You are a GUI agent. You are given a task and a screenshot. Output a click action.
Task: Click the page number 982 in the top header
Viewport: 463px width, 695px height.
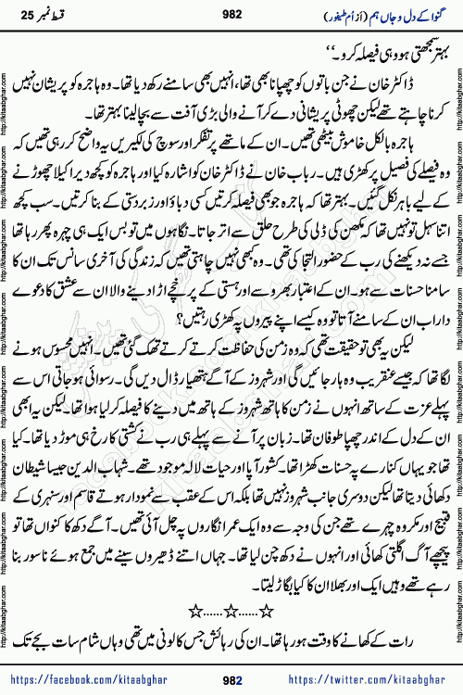(x=231, y=16)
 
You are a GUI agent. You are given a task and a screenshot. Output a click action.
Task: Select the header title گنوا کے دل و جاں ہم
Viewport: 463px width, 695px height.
(x=407, y=16)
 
